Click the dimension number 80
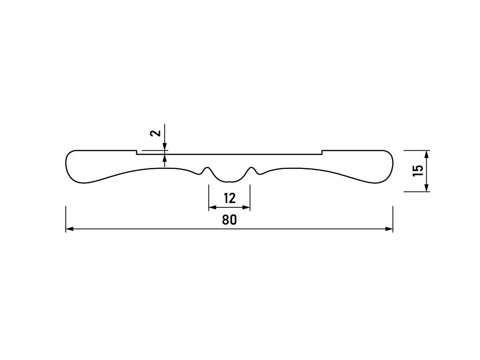pyautogui.click(x=229, y=220)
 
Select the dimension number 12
pyautogui.click(x=229, y=198)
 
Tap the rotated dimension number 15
pyautogui.click(x=418, y=170)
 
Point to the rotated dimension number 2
pyautogui.click(x=156, y=133)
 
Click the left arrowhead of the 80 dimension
pyautogui.click(x=70, y=228)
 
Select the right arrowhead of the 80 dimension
pyautogui.click(x=389, y=228)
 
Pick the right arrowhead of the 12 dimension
pyautogui.click(x=246, y=207)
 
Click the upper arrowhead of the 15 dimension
pyautogui.click(x=427, y=154)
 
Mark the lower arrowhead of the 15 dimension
pyautogui.click(x=427, y=188)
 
